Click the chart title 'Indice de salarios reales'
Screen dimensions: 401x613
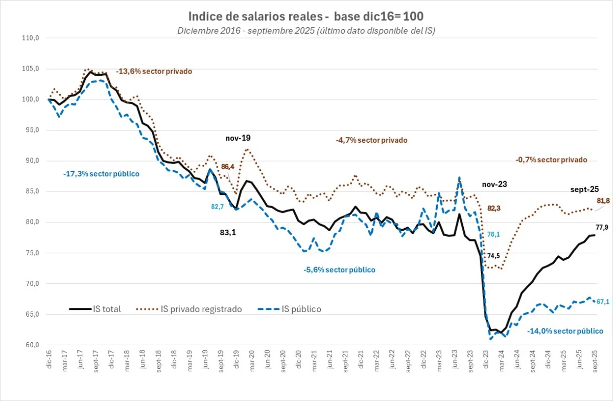(306, 16)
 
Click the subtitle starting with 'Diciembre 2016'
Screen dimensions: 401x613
(306, 30)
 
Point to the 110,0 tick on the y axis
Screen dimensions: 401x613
(31, 38)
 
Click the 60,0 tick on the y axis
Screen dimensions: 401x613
(32, 345)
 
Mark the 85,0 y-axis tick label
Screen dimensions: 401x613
(32, 191)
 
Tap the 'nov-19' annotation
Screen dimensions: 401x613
(238, 138)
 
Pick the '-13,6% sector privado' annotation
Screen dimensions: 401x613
(154, 72)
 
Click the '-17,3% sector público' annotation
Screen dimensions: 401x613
(101, 174)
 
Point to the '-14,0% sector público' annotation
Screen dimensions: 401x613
(565, 331)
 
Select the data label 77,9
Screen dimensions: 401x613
(602, 228)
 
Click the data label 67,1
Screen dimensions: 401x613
(603, 302)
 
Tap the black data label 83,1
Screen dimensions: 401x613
(228, 232)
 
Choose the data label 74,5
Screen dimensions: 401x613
(493, 256)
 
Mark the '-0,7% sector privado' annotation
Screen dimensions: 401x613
(551, 160)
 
